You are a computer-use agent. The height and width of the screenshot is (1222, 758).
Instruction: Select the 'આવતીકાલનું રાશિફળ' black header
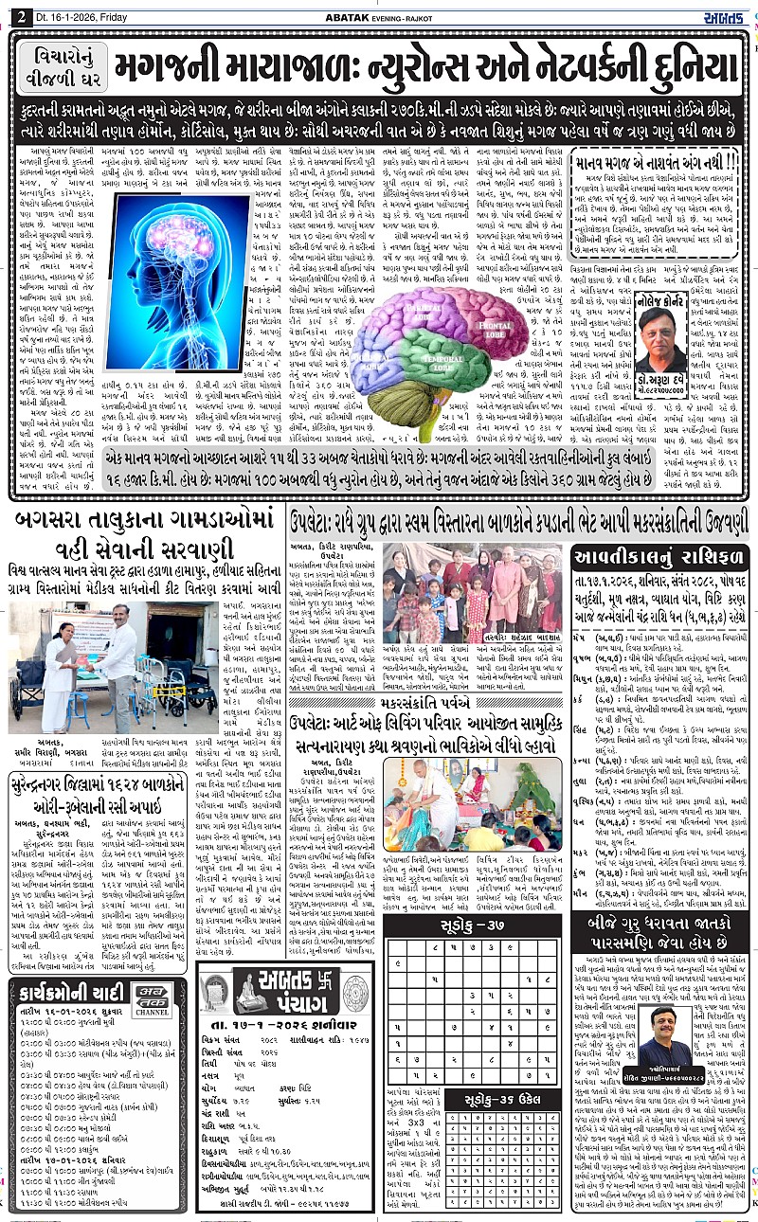659,557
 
